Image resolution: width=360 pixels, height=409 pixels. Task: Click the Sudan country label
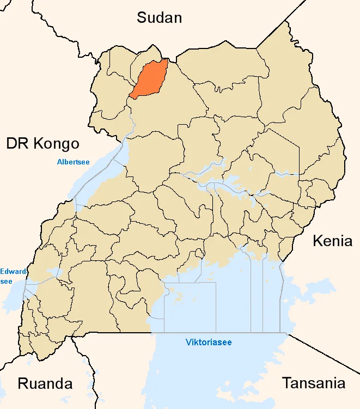pyautogui.click(x=159, y=18)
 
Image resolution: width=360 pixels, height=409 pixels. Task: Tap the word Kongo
pyautogui.click(x=56, y=144)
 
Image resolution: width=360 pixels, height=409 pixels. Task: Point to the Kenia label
pyautogui.click(x=332, y=241)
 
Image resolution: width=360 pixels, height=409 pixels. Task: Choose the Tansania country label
pyautogui.click(x=313, y=383)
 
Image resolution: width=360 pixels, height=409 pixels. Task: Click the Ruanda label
pyautogui.click(x=45, y=383)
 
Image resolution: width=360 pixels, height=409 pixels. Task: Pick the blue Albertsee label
pyautogui.click(x=73, y=162)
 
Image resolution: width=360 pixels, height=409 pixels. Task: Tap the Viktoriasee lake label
pyautogui.click(x=209, y=343)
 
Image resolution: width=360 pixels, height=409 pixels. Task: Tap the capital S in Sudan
pyautogui.click(x=142, y=18)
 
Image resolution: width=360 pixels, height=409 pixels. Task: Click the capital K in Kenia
pyautogui.click(x=317, y=241)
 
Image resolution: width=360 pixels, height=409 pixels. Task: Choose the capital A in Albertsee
pyautogui.click(x=59, y=162)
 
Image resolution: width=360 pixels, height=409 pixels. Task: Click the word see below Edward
pyautogui.click(x=6, y=281)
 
